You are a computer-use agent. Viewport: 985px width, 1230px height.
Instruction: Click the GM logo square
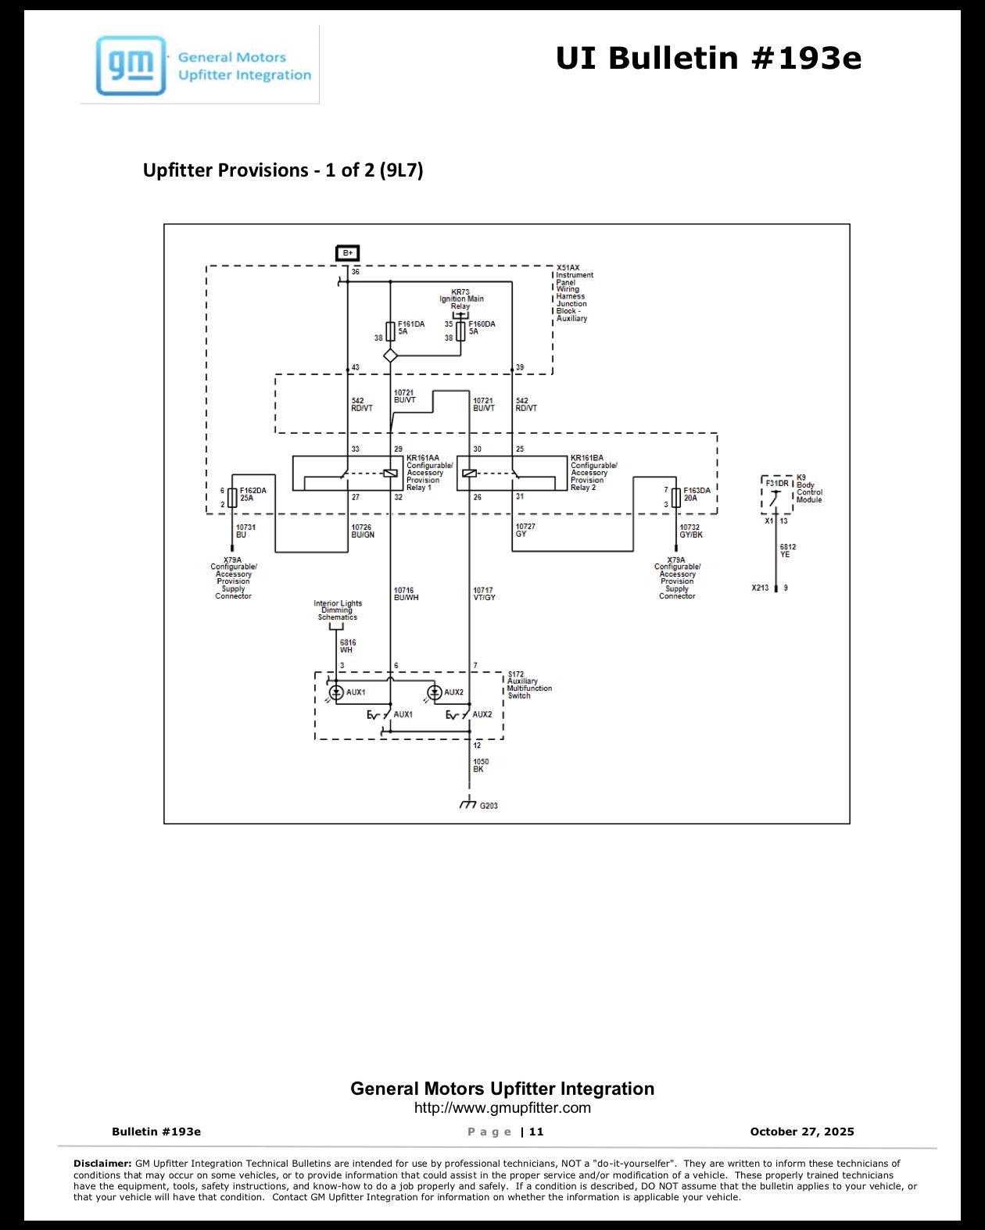click(131, 65)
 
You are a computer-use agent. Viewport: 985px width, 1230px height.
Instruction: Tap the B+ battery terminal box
click(347, 252)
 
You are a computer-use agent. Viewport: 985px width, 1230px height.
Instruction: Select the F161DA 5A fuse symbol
click(390, 331)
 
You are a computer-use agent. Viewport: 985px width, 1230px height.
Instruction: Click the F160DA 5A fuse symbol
click(460, 331)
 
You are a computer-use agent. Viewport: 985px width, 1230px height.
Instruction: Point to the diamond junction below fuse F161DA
click(390, 356)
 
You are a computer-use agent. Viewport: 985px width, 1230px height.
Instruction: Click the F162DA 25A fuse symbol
click(232, 498)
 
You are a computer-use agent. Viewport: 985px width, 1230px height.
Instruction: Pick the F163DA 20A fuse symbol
click(676, 498)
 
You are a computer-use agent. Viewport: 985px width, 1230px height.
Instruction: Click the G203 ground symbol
click(468, 803)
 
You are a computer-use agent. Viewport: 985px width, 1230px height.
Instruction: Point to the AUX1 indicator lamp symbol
click(336, 692)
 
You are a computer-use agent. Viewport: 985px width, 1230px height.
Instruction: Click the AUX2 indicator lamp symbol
click(435, 692)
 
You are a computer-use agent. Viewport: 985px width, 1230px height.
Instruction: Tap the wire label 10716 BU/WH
click(407, 594)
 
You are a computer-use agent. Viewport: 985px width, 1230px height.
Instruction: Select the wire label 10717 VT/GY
click(484, 594)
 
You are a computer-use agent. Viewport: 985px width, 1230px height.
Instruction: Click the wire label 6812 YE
click(788, 550)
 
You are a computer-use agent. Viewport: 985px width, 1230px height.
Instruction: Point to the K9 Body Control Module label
click(809, 488)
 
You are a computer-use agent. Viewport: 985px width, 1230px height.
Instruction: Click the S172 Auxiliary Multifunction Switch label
click(530, 685)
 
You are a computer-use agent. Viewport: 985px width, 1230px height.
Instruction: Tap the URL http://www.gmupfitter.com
click(502, 1107)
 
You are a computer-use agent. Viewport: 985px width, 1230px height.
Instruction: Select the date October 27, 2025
click(802, 1132)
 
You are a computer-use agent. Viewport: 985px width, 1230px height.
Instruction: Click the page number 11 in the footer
click(536, 1132)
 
